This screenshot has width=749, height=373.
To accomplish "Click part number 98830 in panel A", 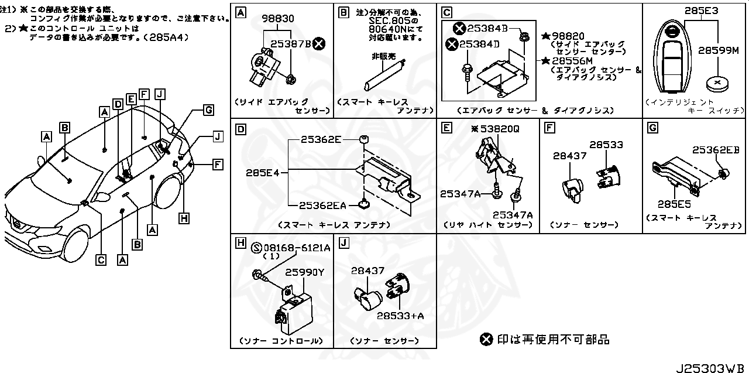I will [278, 19].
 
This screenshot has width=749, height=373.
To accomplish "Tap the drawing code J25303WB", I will [710, 367].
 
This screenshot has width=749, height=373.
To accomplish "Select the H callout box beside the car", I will [184, 218].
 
